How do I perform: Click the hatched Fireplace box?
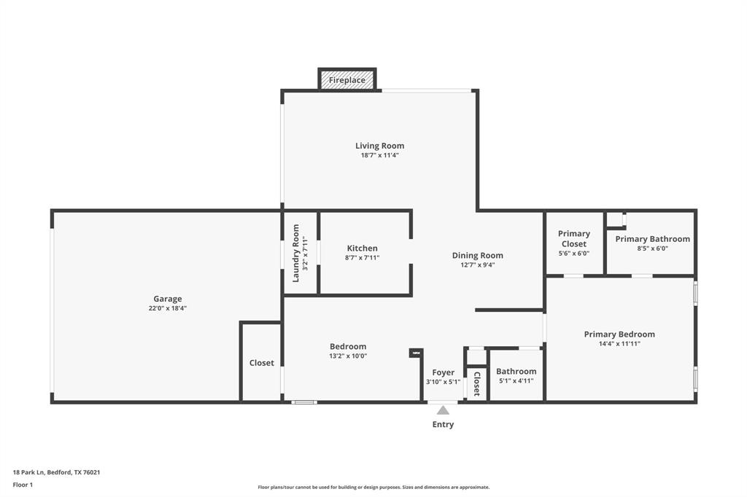coord(347,79)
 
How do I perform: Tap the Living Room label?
coord(379,146)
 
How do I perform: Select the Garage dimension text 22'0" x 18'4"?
coord(167,308)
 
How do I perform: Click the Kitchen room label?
coord(362,248)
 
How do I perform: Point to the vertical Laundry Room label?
coord(296,253)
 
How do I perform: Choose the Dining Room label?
coord(477,255)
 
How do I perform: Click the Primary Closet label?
coord(573,238)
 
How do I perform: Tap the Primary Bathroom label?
coord(652,239)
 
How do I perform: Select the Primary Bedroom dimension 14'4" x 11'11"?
coord(619,343)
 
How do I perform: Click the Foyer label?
coord(443,372)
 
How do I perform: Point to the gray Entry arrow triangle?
coord(443,410)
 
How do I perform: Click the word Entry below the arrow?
coord(443,424)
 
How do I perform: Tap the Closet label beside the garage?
coord(261,363)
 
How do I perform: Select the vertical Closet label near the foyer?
coord(476,383)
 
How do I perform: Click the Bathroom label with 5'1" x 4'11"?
coord(516,372)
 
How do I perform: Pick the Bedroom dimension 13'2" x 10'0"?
coord(348,356)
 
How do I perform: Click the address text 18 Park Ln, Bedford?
coord(56,472)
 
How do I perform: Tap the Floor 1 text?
coord(23,485)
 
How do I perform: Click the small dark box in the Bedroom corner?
coord(416,353)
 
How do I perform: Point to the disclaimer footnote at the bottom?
coord(373,487)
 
